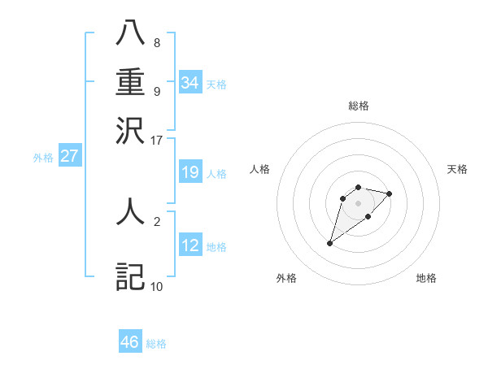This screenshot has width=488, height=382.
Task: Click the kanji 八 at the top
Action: point(131,34)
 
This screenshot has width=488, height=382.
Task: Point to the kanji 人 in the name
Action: point(131,212)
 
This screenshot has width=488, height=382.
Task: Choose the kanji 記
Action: point(131,276)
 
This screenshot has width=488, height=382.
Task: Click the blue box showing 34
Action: point(190,82)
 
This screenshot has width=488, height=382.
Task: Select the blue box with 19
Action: point(190,171)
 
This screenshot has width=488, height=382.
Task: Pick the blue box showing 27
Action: point(70,156)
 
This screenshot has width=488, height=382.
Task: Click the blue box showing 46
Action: point(130,342)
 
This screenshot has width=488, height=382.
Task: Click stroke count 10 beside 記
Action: point(156,286)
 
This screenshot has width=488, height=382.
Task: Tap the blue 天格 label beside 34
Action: point(216,85)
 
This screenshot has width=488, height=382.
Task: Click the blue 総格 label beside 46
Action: point(156,345)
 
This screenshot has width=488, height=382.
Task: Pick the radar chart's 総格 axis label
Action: point(359,106)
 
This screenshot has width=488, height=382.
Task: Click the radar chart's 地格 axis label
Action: point(426,278)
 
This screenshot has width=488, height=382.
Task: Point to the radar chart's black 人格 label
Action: point(260,169)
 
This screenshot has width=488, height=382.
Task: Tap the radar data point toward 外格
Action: point(330,243)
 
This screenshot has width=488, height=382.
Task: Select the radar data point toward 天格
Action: point(390,193)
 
